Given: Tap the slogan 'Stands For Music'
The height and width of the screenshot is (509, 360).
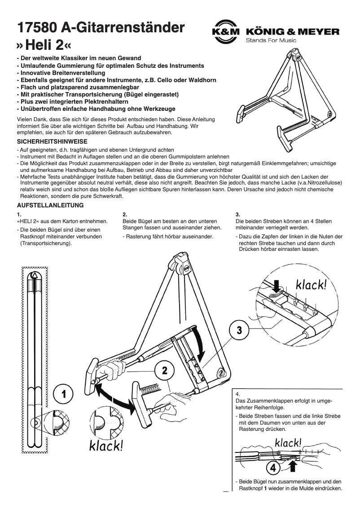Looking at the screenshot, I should click(271, 40).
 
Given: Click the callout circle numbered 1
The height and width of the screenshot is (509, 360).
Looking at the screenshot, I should click(64, 394).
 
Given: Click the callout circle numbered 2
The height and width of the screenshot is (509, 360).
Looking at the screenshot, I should click(165, 371).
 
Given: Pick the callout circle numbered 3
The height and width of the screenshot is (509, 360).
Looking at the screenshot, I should click(239, 330).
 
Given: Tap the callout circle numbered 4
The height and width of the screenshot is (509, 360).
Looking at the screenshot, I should click(272, 468).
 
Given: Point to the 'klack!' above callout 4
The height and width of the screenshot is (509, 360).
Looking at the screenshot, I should click(288, 443).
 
